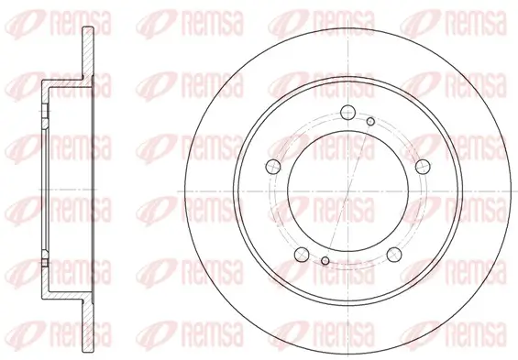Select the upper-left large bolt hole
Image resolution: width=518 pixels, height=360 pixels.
pos(272,166)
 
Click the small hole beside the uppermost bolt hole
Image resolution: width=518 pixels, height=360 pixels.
pos(370,120)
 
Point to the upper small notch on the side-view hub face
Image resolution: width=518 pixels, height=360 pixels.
pos(45,115)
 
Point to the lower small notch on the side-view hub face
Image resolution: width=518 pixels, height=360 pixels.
pos(45,265)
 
